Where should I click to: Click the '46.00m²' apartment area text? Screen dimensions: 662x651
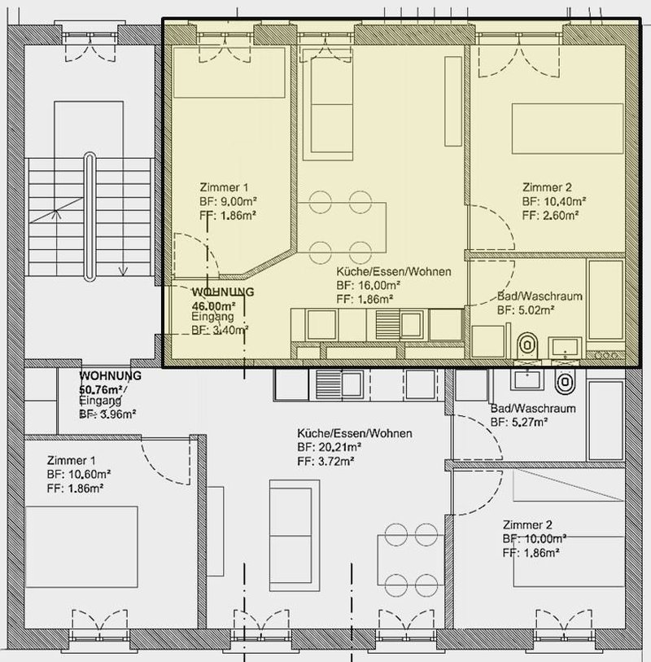point(212,305)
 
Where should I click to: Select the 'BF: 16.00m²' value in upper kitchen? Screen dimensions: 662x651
point(369,286)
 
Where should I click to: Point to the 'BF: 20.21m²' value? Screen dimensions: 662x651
point(330,448)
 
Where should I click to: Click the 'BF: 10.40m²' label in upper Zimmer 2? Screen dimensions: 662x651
point(554,201)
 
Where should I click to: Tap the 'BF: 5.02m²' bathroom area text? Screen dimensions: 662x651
point(526,310)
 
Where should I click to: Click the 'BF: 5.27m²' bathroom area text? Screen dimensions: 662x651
point(519,422)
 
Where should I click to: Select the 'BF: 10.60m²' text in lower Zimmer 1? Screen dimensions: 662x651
point(79,474)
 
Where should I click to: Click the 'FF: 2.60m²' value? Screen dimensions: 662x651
point(551,215)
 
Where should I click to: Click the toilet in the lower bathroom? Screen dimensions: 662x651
point(564,381)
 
